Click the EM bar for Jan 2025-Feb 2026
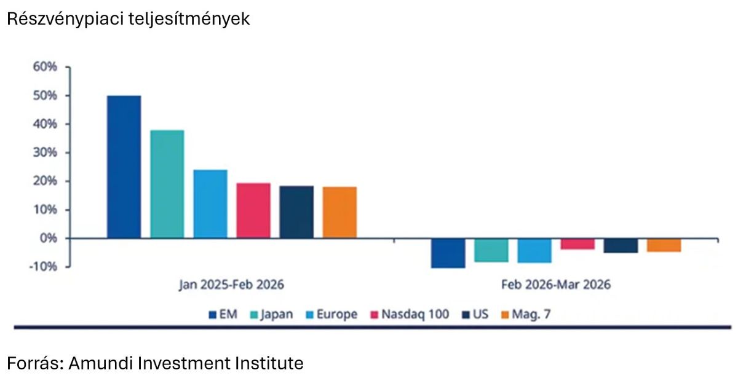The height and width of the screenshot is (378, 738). tap(124, 167)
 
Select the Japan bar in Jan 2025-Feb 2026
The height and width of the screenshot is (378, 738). tap(167, 184)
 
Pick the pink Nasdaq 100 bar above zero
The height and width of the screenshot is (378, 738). tap(253, 210)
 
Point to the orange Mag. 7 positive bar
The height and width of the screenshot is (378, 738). tap(339, 212)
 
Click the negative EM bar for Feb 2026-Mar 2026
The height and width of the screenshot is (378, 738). tap(448, 253)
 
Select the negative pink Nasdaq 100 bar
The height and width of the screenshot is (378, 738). tap(577, 244)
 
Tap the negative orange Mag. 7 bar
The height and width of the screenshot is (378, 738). tap(664, 245)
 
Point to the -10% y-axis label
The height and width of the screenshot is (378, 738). tap(42, 266)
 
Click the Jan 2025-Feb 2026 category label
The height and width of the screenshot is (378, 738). tap(232, 285)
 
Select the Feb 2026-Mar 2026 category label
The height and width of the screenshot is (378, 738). tap(555, 285)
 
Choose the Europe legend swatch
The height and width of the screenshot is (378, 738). tap(311, 315)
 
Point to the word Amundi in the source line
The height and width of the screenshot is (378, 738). tap(99, 363)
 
